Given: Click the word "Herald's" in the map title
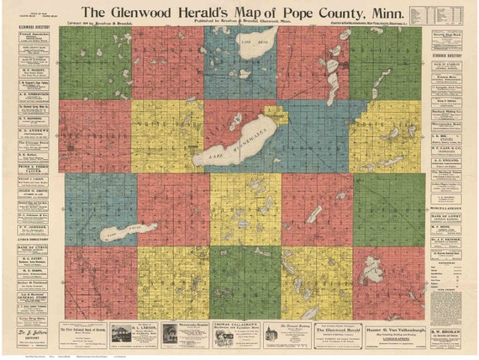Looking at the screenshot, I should (189, 12).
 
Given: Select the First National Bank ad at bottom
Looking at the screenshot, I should (134, 333).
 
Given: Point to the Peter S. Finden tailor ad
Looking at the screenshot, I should (31, 167).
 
